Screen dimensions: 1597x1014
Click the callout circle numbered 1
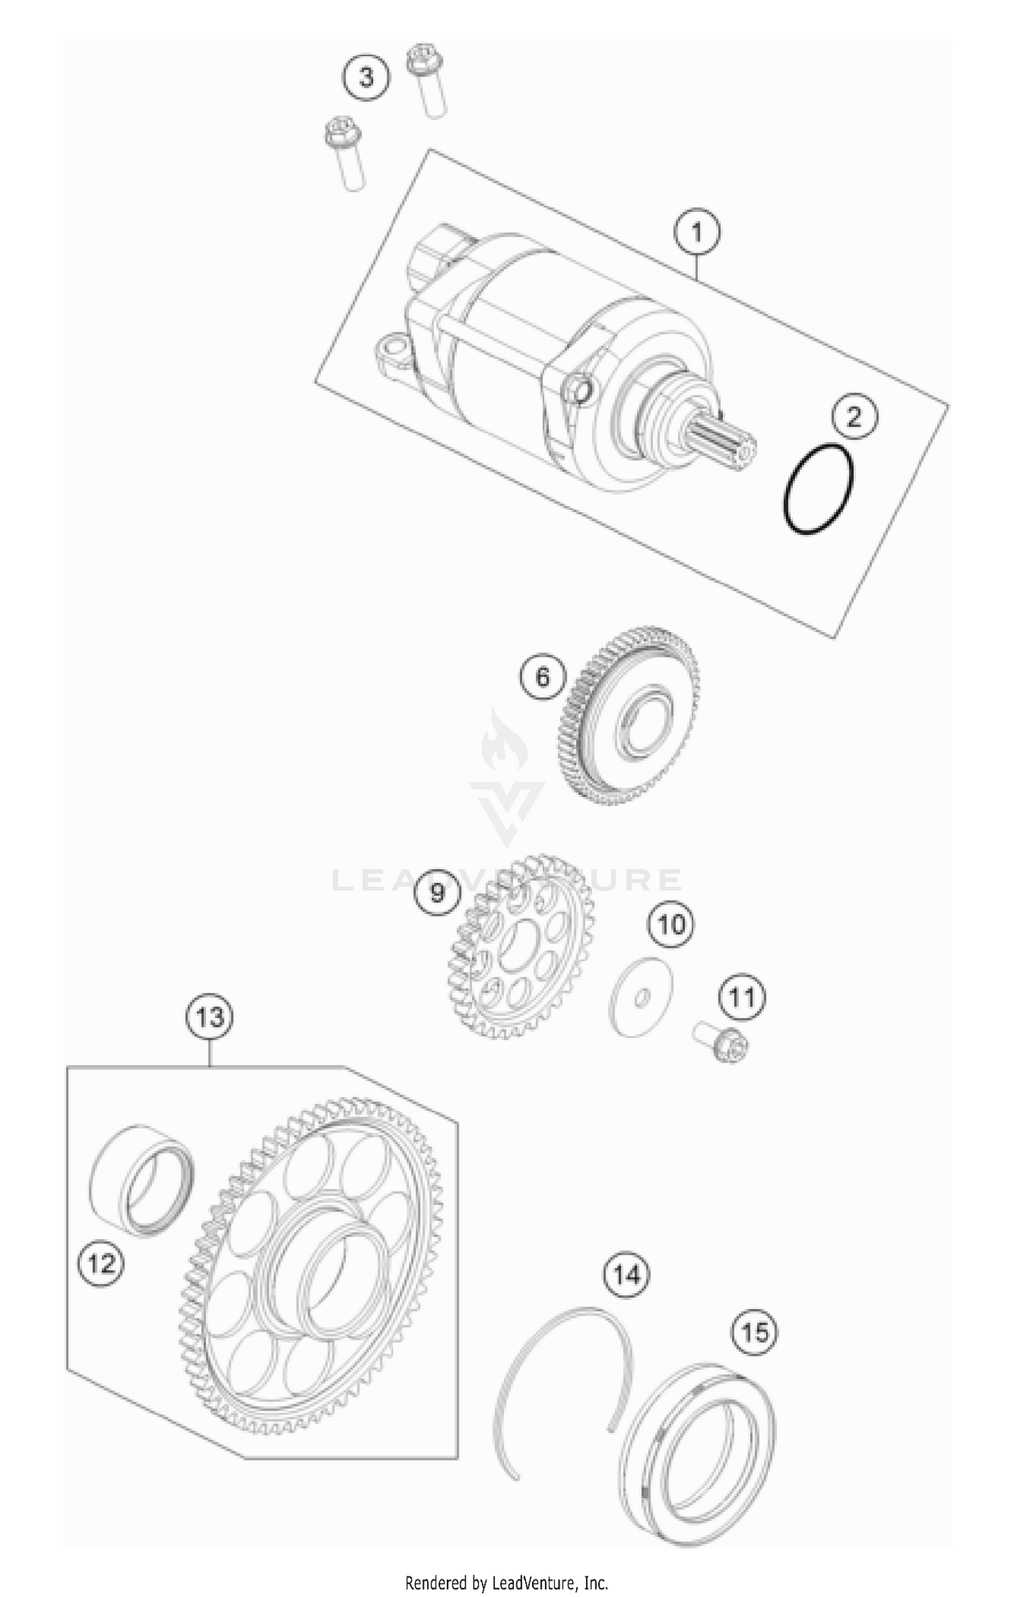click(697, 232)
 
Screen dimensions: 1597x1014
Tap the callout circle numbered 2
click(854, 417)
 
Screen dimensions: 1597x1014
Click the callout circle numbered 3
click(366, 77)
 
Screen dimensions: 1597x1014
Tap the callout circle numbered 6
click(543, 676)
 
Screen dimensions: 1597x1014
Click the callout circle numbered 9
click(437, 892)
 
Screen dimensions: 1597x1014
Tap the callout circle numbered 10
click(671, 924)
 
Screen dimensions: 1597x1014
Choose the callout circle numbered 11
click(742, 997)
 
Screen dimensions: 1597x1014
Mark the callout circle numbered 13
click(210, 1017)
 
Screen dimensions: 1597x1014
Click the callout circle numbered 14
click(626, 1274)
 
